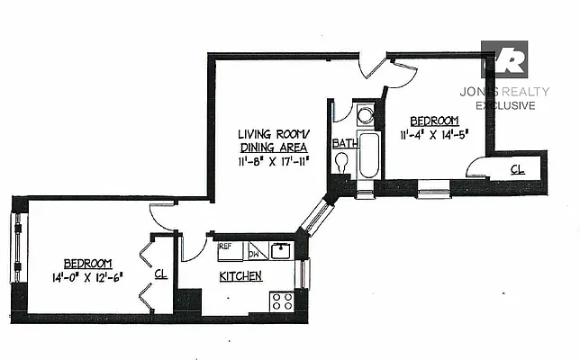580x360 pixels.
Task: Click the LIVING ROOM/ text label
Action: [x=272, y=131]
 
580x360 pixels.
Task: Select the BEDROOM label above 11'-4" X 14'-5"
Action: [x=434, y=121]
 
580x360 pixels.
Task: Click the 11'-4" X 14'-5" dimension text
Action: [x=436, y=137]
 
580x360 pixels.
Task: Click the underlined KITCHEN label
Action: [x=240, y=276]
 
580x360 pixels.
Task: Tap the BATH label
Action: [x=344, y=144]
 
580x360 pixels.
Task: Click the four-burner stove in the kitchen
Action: [x=282, y=301]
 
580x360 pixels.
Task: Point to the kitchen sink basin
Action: [x=281, y=250]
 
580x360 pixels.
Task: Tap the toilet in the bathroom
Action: [x=342, y=163]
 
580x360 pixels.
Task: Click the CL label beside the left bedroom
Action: [x=160, y=274]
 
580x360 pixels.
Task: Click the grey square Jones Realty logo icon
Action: [x=504, y=59]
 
